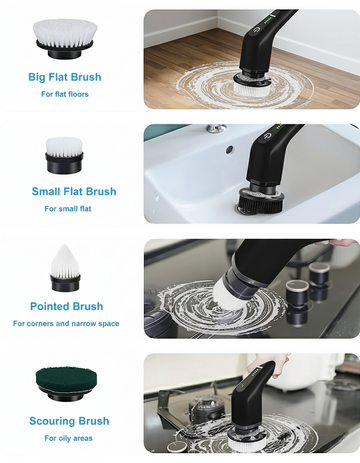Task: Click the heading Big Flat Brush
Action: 65,77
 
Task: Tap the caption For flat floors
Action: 65,94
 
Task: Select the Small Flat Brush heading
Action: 74,192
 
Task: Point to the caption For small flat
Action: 68,209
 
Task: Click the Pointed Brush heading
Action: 67,306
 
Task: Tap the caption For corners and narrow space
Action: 66,323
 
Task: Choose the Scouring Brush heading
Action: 69,421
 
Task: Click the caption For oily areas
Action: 68,438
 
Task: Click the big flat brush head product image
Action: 65,39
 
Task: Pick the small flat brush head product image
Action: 64,155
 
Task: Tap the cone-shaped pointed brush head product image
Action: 65,268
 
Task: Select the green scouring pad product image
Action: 66,384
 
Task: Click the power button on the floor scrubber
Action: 256,30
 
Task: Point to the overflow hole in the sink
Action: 229,149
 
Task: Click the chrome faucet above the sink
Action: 216,128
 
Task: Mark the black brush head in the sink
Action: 261,202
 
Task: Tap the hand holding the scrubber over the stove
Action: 267,364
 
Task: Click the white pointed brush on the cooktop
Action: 227,293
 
